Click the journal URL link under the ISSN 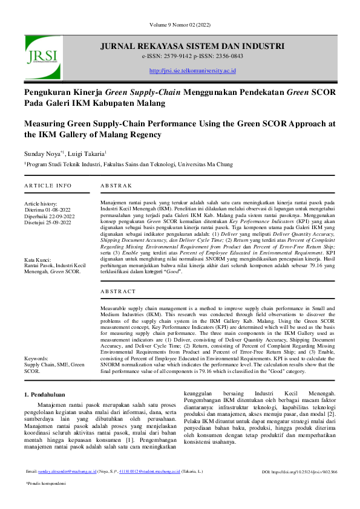192,71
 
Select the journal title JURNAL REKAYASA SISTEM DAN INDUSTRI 192,45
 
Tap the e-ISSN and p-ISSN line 192,56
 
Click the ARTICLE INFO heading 48,185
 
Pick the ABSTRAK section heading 115,185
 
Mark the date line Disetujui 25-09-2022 47,222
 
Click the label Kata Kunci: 38,259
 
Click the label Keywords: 37,358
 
